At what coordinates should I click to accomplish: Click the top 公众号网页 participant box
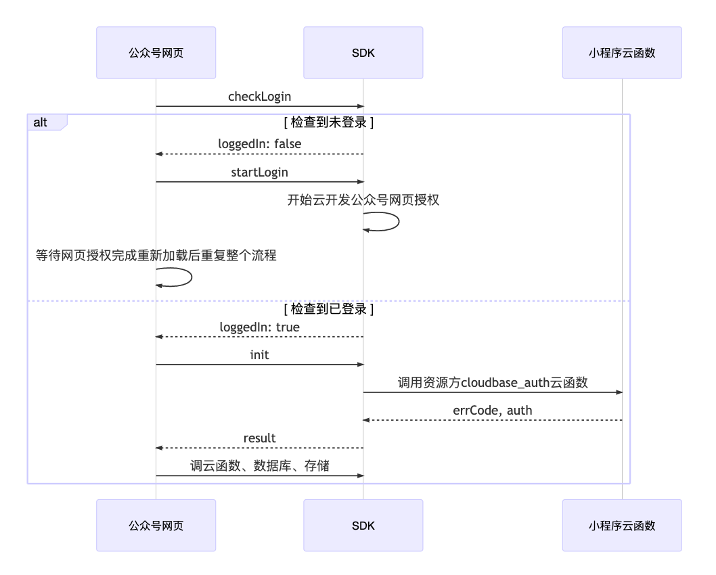(156, 53)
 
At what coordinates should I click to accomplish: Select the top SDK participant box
(363, 53)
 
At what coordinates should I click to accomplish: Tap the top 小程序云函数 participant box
(622, 53)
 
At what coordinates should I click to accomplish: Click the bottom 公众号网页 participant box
(156, 526)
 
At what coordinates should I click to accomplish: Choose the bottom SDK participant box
(363, 526)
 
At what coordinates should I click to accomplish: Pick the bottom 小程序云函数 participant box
(622, 526)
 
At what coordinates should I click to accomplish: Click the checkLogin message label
(259, 97)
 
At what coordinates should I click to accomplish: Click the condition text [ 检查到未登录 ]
(329, 122)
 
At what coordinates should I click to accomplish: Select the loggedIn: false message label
(259, 144)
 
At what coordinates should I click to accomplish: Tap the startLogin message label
(259, 172)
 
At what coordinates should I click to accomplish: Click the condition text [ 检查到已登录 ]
(329, 309)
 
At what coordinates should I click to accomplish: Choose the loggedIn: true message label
(259, 327)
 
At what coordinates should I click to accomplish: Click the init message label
(259, 355)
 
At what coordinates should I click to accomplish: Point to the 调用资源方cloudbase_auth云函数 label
(492, 383)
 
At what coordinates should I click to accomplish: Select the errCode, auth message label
(492, 411)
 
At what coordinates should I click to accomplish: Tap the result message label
(259, 438)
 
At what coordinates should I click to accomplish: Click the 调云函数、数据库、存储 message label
(259, 466)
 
